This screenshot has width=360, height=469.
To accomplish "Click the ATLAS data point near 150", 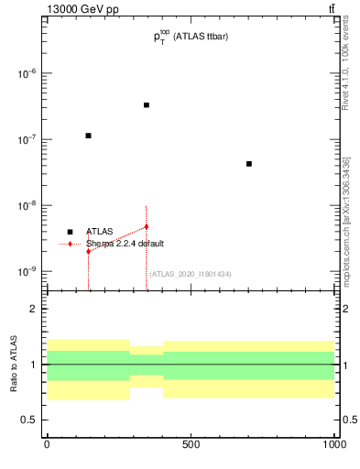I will click(x=88, y=136).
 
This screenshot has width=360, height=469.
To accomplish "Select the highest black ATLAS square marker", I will click(x=146, y=105).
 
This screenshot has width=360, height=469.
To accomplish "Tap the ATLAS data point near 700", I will click(x=249, y=164).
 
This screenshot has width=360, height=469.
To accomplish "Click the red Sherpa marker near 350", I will click(x=146, y=226).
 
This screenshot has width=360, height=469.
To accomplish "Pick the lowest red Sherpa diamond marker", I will click(x=88, y=250).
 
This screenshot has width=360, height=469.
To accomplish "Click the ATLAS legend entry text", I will click(x=99, y=232).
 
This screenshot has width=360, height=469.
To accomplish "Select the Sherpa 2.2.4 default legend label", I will click(x=125, y=245).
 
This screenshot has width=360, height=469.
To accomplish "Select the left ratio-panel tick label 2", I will click(x=33, y=310).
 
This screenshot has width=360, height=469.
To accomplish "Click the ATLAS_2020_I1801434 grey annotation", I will click(x=191, y=274).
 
